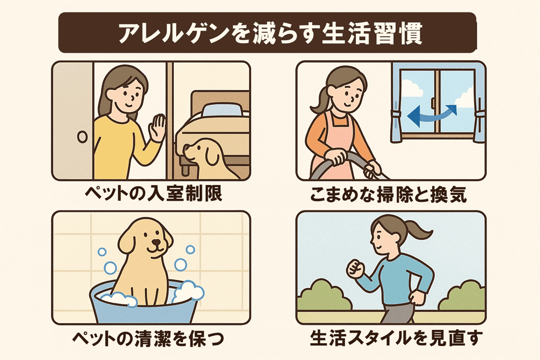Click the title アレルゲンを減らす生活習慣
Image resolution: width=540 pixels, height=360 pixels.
pos(271,33)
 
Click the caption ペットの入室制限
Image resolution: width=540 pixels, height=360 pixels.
pos(153,193)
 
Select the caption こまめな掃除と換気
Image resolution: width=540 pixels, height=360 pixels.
pos(388,194)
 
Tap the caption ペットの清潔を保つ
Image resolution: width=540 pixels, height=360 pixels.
pos(148,338)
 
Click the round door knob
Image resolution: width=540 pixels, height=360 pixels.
pos(83,137)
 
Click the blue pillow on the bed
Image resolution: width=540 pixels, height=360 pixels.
pos(224,110)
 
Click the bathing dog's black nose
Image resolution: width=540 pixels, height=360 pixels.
pos(157,243)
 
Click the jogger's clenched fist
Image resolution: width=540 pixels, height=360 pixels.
pos(355,268)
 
